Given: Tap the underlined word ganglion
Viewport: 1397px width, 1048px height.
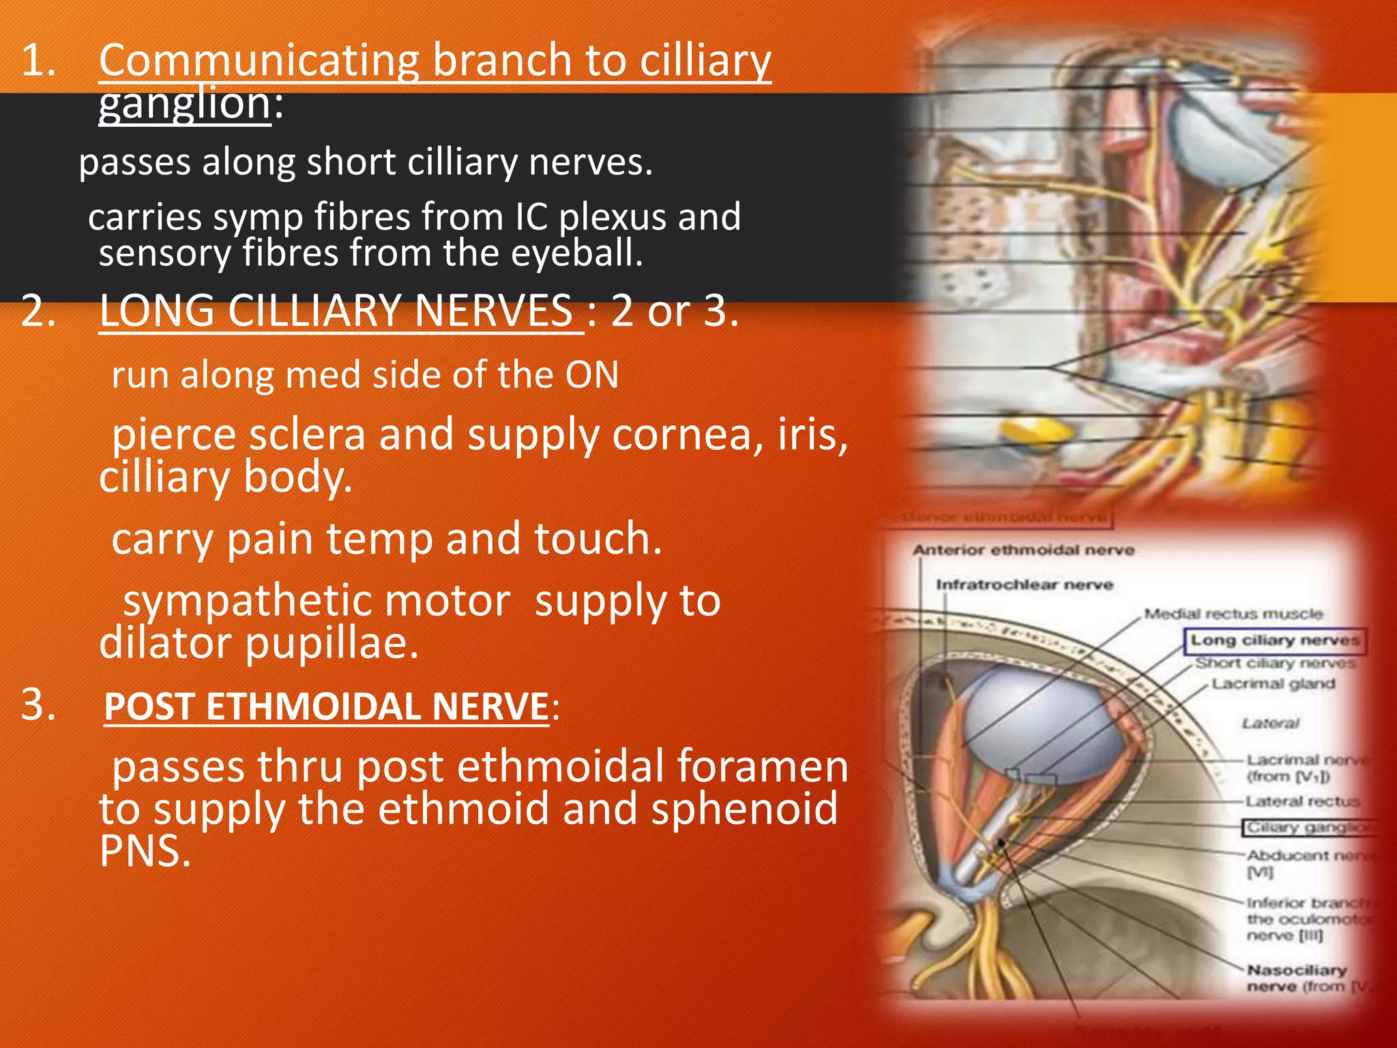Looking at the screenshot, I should click(x=184, y=104).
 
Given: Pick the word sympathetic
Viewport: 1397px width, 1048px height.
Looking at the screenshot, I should click(x=317, y=601).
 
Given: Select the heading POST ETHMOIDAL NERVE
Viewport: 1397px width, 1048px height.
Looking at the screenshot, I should click(x=326, y=707).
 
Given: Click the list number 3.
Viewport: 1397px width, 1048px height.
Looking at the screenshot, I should click(x=38, y=704).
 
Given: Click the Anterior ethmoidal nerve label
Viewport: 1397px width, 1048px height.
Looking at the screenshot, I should click(x=1023, y=550).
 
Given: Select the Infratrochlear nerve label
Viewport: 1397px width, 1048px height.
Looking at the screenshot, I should click(x=1024, y=585).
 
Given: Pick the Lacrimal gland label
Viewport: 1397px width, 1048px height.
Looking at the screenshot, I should click(x=1273, y=684).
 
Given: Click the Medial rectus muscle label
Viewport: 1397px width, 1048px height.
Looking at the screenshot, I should click(x=1233, y=614).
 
